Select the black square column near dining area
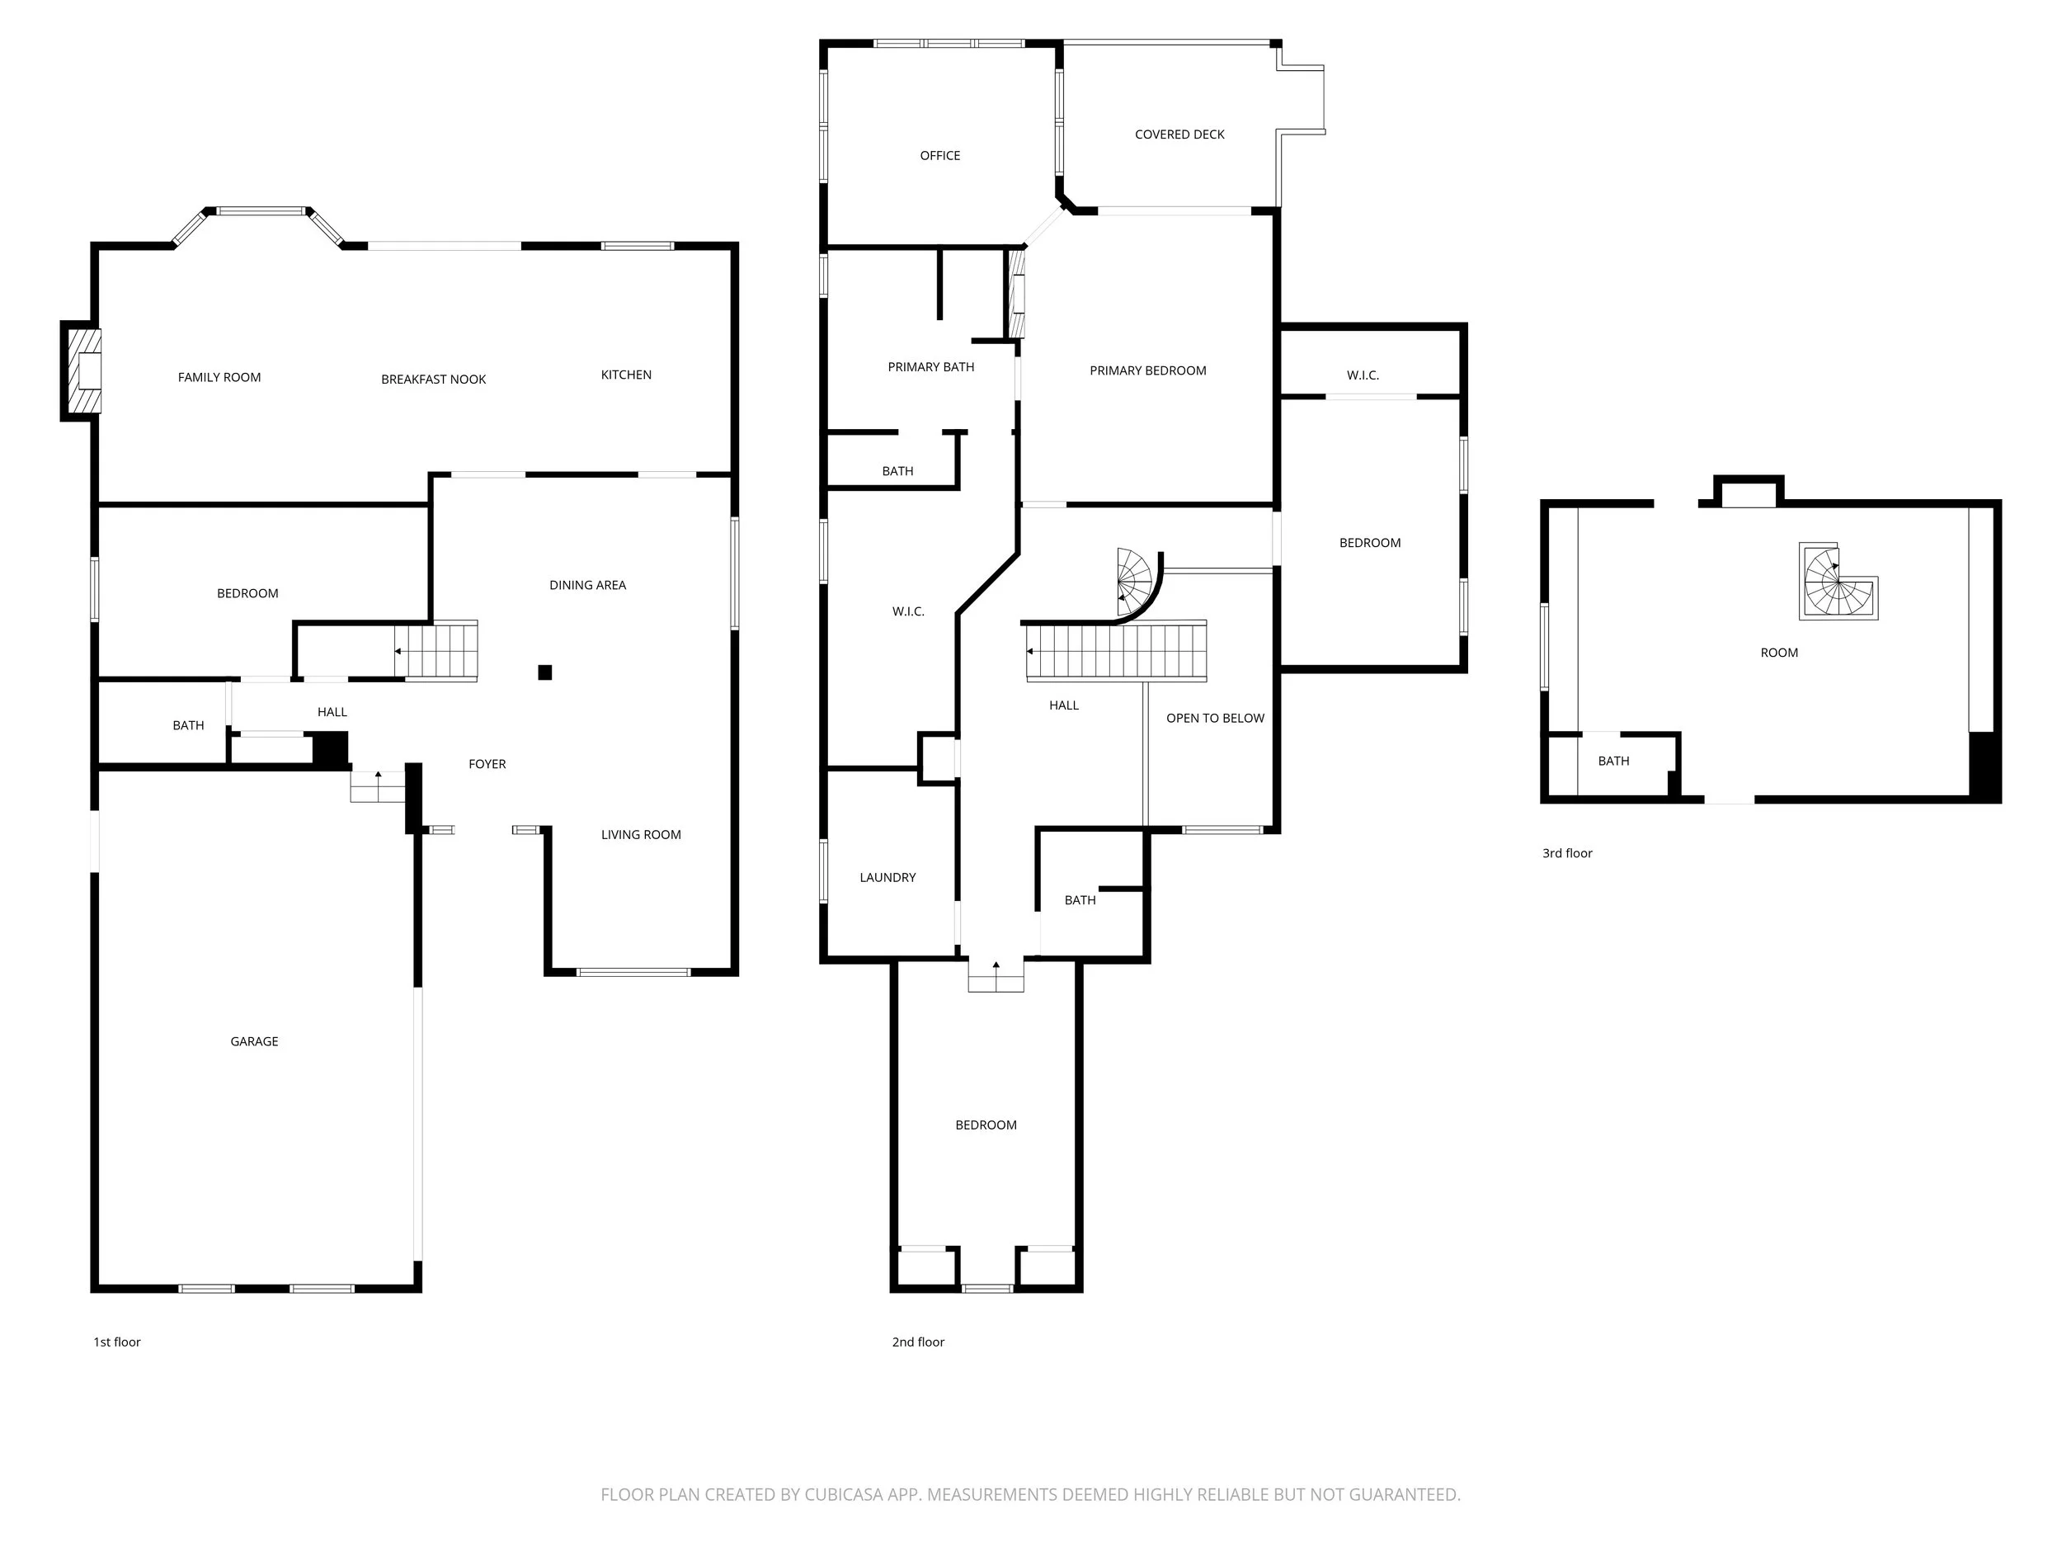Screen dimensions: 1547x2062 coord(545,672)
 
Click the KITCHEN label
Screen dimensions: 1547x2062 coord(625,375)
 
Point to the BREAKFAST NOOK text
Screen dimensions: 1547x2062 coord(434,380)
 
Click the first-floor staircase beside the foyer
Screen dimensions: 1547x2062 coord(436,651)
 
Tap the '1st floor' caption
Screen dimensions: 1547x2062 coord(116,1342)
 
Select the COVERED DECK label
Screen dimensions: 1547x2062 coord(1179,134)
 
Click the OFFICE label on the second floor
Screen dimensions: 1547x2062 coord(939,156)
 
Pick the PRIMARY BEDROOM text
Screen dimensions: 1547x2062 coord(1147,371)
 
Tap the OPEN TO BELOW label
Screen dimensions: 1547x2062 coord(1215,718)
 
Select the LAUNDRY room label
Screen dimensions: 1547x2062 coord(887,878)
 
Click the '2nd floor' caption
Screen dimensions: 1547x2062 coord(918,1342)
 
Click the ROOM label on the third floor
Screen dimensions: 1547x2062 coord(1778,653)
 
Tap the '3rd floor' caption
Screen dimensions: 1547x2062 coord(1567,853)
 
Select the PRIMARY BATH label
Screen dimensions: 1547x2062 coord(930,367)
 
